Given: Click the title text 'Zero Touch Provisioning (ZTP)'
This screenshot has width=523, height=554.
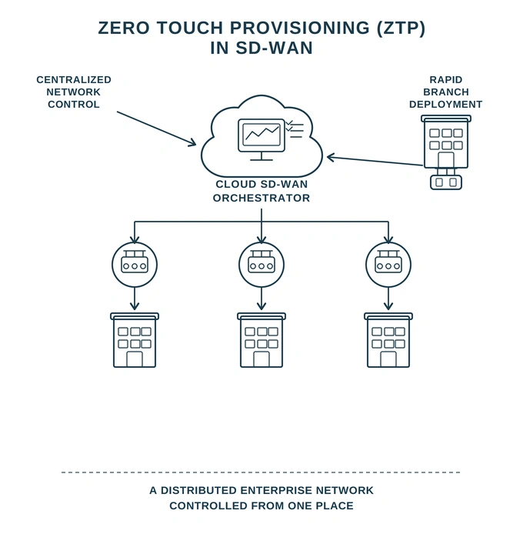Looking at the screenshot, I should pos(261,28).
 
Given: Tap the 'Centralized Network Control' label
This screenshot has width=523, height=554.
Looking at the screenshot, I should pos(74,92).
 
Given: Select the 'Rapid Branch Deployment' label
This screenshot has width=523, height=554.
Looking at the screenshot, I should pos(445,92).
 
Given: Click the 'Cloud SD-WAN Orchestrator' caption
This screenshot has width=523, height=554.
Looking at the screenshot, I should pos(261,191).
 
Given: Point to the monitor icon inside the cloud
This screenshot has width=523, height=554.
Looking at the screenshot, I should pos(261,136).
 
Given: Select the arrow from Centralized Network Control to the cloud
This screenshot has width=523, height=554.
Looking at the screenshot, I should pos(156,128).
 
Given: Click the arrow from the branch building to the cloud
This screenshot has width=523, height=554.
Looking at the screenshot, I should pos(375,161).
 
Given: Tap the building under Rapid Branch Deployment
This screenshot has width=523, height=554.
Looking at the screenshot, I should pos(446,142).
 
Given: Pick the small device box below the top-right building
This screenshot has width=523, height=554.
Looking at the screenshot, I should pos(446,182).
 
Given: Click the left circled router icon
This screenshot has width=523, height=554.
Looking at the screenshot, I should pos(135,265).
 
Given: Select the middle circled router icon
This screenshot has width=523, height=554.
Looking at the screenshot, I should pos(261,265).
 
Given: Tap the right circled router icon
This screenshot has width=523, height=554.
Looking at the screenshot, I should pos(388,265).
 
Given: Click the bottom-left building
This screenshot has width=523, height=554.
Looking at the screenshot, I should pos(135,340).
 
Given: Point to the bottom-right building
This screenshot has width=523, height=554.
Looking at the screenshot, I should pos(388,340).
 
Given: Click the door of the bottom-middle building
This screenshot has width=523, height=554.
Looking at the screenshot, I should pos(261,359).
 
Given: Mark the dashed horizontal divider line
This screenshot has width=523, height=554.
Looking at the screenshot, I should pos(261,472).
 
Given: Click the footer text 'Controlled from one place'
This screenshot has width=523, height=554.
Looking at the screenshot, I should pos(261,506).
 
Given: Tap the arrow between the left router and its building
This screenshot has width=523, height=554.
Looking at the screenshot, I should pos(135,299).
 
